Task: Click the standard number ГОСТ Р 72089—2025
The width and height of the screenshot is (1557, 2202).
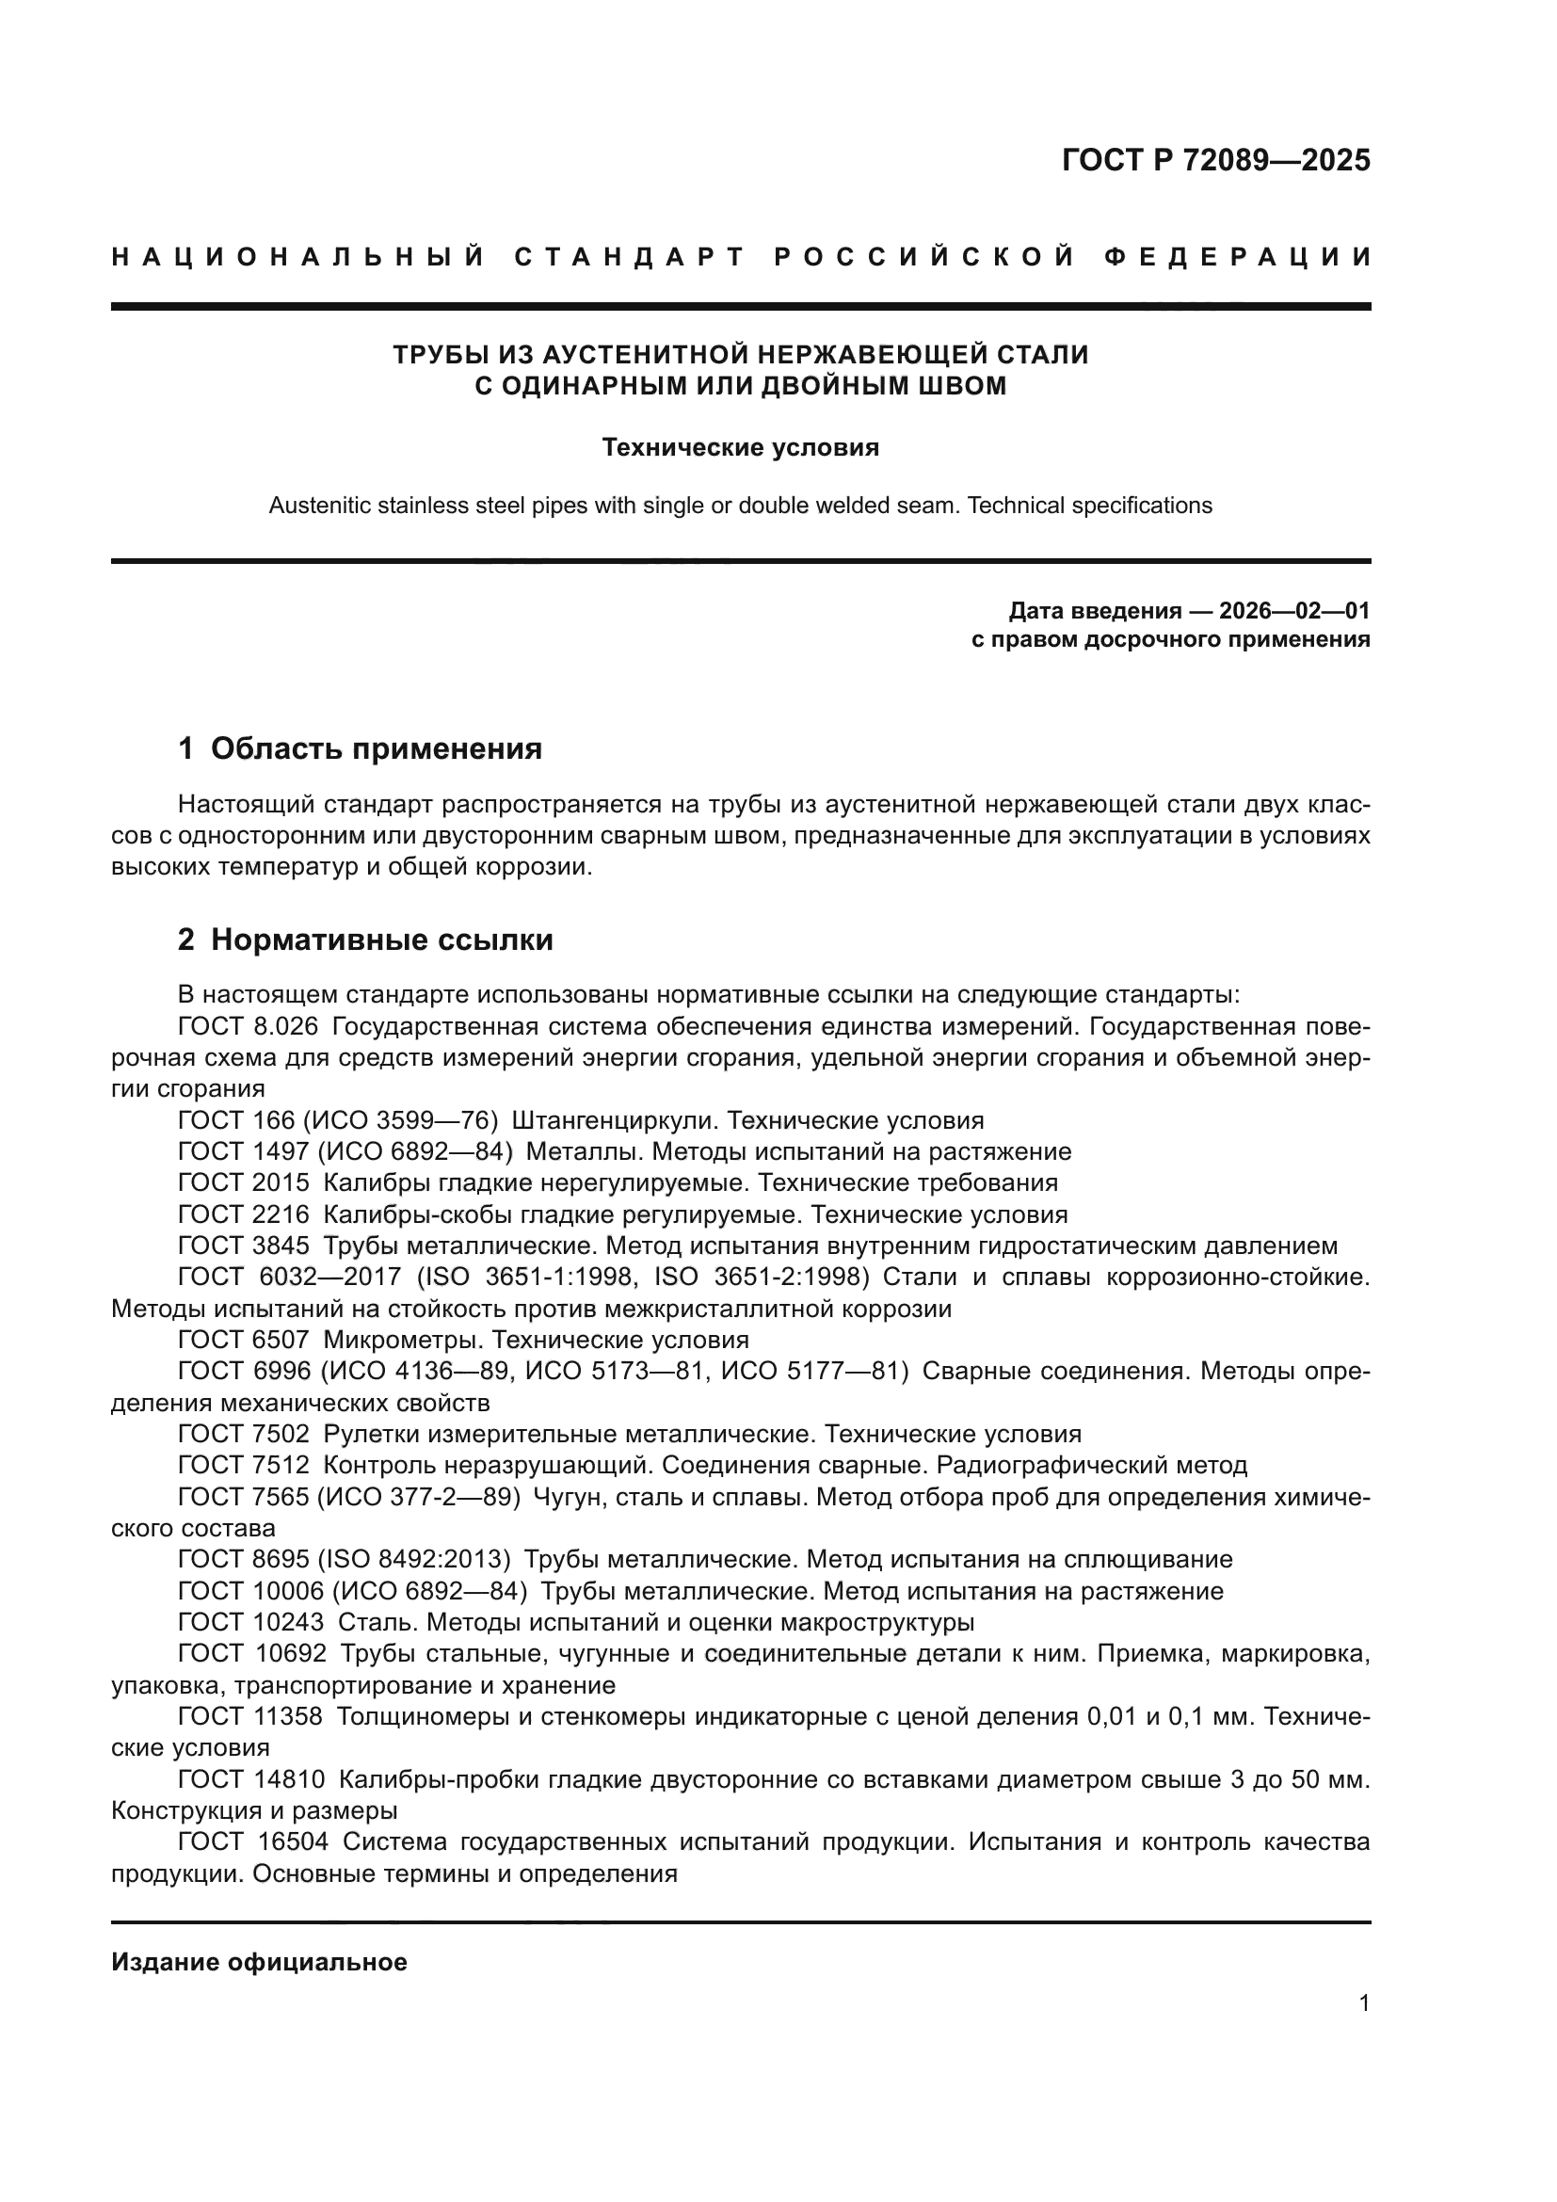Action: click(x=1215, y=160)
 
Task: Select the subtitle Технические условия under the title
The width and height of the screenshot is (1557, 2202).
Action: click(x=740, y=448)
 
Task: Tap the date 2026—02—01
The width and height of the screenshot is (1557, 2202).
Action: click(x=1293, y=611)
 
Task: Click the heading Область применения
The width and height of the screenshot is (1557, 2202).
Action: click(x=376, y=749)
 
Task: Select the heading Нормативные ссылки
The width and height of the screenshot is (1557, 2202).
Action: click(x=381, y=940)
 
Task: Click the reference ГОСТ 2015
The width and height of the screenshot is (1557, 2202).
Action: click(x=244, y=1182)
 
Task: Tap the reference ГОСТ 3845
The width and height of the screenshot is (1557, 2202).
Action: click(x=244, y=1246)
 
